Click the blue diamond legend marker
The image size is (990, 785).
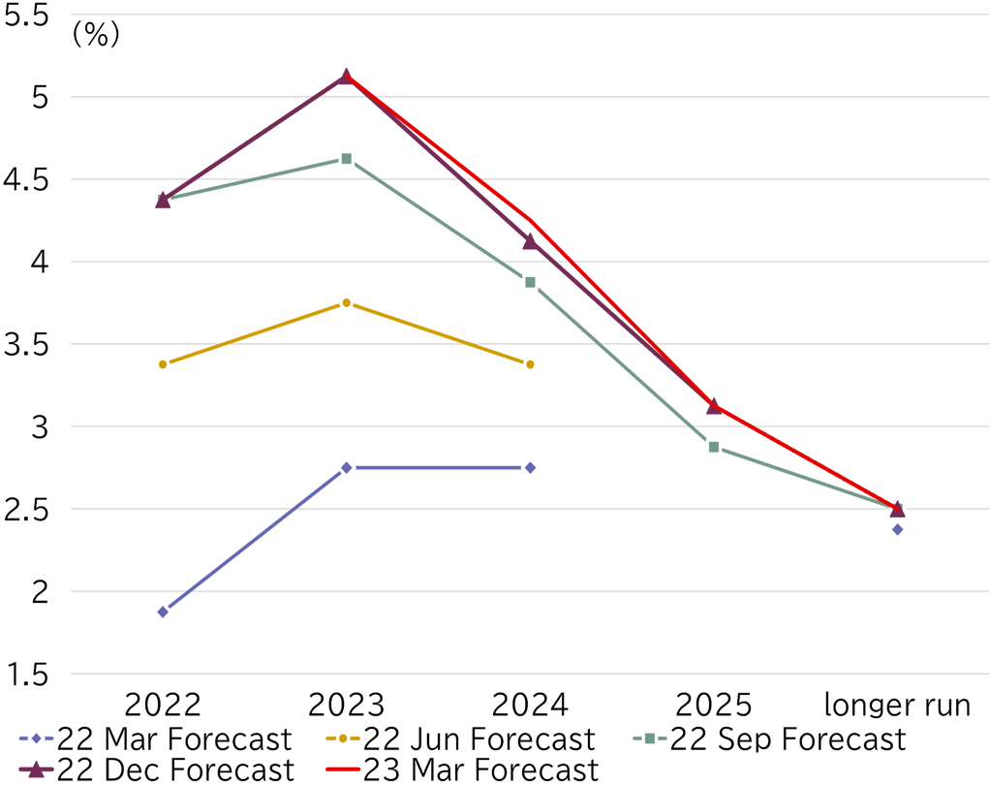[x=36, y=738]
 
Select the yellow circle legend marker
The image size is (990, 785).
[x=342, y=738]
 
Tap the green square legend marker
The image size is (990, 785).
[x=649, y=738]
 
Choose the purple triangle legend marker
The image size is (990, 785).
[x=36, y=769]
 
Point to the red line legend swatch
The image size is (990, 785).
[x=342, y=769]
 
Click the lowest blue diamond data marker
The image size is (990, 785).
[x=163, y=612]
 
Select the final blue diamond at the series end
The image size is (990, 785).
[x=897, y=529]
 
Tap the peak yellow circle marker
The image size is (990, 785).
[x=346, y=303]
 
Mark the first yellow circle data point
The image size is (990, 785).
[x=163, y=364]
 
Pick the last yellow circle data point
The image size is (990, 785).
[x=530, y=364]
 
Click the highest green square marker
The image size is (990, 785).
[x=346, y=158]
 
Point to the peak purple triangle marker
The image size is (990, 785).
[x=346, y=76]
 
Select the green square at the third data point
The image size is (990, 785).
[x=530, y=282]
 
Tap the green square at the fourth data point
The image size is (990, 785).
[x=714, y=447]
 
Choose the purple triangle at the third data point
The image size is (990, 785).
[x=529, y=241]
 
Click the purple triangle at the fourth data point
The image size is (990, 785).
[x=714, y=406]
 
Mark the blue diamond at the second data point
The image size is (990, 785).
[x=346, y=468]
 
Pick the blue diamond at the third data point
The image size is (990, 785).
[x=530, y=468]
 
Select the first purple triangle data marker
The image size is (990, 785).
[x=163, y=201]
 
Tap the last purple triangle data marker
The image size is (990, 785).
[x=897, y=508]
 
